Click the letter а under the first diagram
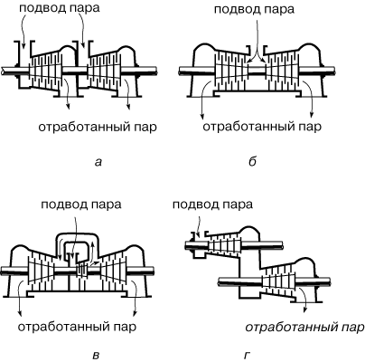point(98,163)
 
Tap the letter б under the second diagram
point(252,162)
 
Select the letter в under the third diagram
point(96,356)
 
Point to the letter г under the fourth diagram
point(247,356)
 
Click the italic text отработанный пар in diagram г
point(304,328)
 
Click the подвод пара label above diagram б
point(254,9)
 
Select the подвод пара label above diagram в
point(81,205)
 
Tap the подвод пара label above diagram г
point(213,205)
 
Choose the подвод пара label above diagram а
point(60,8)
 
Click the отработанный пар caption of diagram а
point(98,127)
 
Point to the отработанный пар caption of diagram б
point(262,127)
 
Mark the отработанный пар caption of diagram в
point(77,327)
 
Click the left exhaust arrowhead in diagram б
point(202,117)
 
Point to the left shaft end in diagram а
point(3,71)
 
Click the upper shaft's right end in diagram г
point(282,244)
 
